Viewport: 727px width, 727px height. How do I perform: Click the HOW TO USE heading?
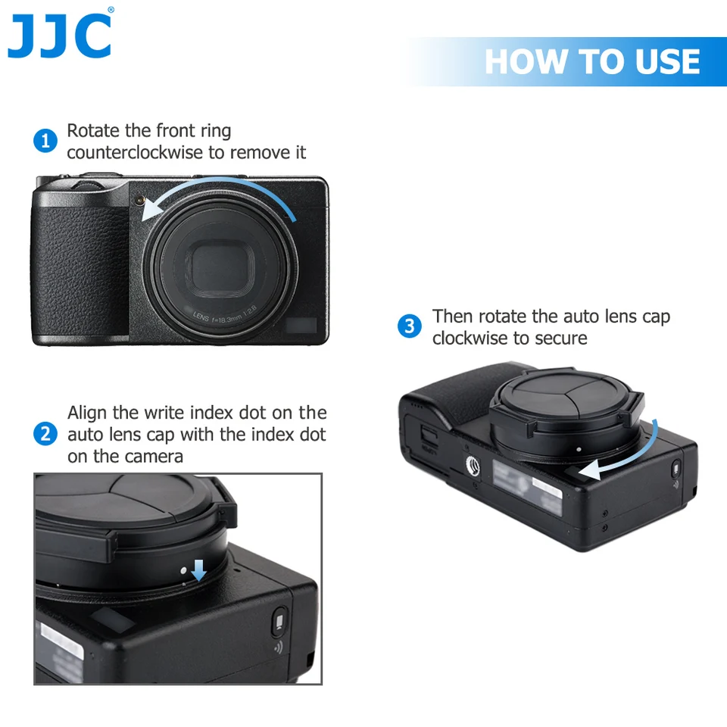click(592, 61)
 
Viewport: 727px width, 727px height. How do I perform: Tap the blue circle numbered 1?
click(45, 141)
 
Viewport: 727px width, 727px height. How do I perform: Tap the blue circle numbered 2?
click(45, 434)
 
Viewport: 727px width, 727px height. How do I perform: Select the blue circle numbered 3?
click(410, 326)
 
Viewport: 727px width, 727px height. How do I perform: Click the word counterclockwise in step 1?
click(136, 152)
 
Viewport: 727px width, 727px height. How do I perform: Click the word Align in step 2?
click(86, 413)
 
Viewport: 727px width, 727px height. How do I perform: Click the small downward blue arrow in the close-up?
click(198, 570)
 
